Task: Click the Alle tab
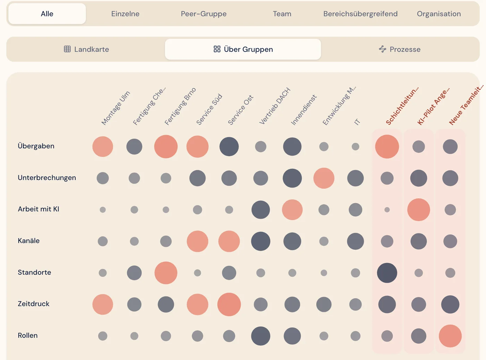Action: point(47,14)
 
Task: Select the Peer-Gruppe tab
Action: point(203,14)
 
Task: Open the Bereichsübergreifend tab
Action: point(360,14)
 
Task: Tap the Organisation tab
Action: point(439,14)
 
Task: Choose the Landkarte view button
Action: point(86,49)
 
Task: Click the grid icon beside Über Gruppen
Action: point(217,49)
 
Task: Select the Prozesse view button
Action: point(400,49)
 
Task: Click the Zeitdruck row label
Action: point(34,304)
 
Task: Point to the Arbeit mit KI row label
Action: point(39,209)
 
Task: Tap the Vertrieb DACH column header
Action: point(275,106)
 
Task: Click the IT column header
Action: point(357,121)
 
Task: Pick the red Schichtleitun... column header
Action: point(402,106)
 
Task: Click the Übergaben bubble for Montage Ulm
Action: point(102,146)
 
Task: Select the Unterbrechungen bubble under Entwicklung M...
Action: point(324,178)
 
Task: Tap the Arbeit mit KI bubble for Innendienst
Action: point(292,209)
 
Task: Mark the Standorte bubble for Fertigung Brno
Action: point(166,273)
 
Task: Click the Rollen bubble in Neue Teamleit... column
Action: point(450,336)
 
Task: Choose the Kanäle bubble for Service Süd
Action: point(198,241)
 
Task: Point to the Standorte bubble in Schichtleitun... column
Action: point(387,273)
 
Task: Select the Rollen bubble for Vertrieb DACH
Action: point(260,336)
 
